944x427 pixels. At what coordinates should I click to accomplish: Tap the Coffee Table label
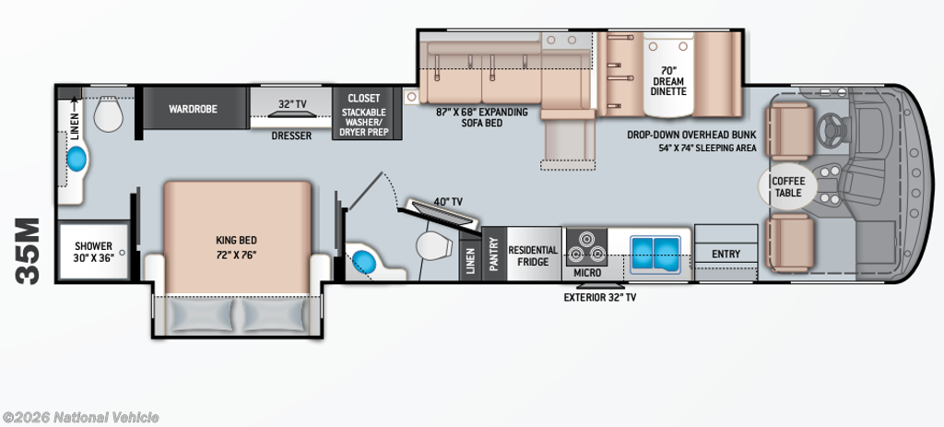tap(787, 186)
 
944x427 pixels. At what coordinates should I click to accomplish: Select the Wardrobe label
tap(193, 109)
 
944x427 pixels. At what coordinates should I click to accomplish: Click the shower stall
tap(94, 251)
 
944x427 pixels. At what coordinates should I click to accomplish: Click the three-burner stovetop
tap(585, 245)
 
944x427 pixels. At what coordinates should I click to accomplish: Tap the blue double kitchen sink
tap(655, 251)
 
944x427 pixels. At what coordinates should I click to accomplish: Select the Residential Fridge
tap(534, 254)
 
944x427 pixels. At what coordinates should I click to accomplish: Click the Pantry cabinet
tap(494, 254)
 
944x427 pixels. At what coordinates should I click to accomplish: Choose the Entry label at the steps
tap(726, 254)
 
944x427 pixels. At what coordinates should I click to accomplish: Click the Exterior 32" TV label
tap(599, 297)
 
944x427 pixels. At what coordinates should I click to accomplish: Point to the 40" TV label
tap(447, 202)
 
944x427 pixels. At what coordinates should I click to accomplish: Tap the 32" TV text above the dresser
tap(292, 103)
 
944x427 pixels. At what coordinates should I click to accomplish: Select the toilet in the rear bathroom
tap(109, 114)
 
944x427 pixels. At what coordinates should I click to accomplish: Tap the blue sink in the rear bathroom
tap(77, 160)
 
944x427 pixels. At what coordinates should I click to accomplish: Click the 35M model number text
tap(28, 251)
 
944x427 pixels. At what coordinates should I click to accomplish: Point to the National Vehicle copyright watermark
tap(81, 418)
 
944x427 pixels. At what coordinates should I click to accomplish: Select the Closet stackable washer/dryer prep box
tap(363, 113)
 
